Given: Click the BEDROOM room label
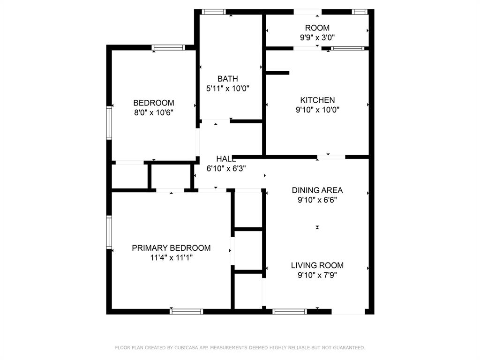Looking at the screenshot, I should point(154,103).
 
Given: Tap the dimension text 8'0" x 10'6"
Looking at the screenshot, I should point(154,112).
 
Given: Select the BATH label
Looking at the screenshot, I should point(227,79).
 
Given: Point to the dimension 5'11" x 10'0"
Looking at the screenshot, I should point(227,89).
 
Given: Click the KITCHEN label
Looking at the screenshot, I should point(317,100).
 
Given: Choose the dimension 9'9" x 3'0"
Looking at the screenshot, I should point(317,37).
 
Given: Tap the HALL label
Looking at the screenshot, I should point(226,159).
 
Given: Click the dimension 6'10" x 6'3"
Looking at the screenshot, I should point(226,168).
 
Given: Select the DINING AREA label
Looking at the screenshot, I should point(317,190).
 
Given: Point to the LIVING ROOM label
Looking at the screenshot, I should point(317,265).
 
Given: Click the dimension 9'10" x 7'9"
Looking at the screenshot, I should point(317,275).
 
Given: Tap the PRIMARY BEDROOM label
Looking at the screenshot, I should point(171,248).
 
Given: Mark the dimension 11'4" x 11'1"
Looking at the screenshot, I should point(171,257).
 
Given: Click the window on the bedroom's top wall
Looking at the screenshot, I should point(169,47).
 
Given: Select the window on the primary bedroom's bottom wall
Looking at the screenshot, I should point(187,311).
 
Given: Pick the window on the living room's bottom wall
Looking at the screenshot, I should point(290,311).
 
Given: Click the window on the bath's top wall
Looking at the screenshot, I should point(214,12).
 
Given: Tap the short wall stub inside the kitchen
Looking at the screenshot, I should point(277,73).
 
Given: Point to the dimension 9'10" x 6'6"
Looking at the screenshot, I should point(317,200).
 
